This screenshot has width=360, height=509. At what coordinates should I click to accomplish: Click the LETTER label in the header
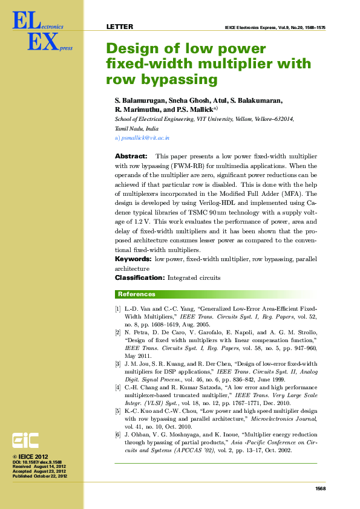click(120, 27)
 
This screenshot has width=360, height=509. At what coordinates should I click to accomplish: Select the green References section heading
click(136, 294)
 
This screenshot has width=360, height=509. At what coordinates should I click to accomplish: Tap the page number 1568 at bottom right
click(321, 488)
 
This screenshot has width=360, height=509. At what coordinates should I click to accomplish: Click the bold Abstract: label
click(131, 156)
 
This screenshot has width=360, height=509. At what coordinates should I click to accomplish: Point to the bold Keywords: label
click(134, 259)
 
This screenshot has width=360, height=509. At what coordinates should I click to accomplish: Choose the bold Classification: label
click(140, 277)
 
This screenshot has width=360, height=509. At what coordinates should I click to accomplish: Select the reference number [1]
click(118, 309)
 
